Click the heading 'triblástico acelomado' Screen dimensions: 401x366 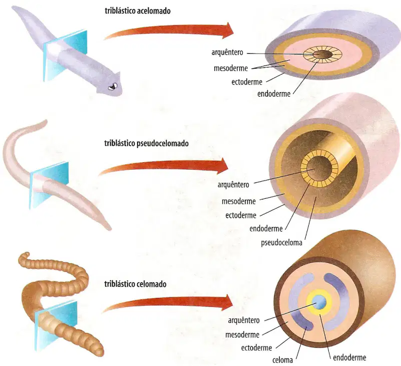click(x=138, y=11)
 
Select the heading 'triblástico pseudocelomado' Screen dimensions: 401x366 click(x=146, y=143)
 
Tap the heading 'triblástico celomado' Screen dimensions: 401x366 click(x=135, y=284)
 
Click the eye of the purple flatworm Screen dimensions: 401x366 click(x=113, y=86)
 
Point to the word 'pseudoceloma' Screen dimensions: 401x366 click(x=281, y=242)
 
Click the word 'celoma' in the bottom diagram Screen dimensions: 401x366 click(x=282, y=360)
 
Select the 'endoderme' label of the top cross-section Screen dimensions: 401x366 click(x=274, y=94)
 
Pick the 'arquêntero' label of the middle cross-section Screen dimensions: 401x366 click(x=233, y=185)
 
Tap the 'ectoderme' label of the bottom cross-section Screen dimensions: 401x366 click(x=256, y=348)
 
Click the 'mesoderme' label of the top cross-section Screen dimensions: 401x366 click(x=231, y=68)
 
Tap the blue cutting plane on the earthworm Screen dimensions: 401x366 click(x=56, y=325)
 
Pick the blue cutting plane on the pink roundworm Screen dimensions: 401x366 click(x=49, y=185)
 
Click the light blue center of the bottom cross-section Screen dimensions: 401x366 click(x=319, y=302)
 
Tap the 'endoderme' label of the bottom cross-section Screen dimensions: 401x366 click(x=349, y=357)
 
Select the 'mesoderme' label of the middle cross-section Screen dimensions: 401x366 click(x=239, y=201)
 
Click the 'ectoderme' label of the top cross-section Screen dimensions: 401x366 click(x=247, y=82)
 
